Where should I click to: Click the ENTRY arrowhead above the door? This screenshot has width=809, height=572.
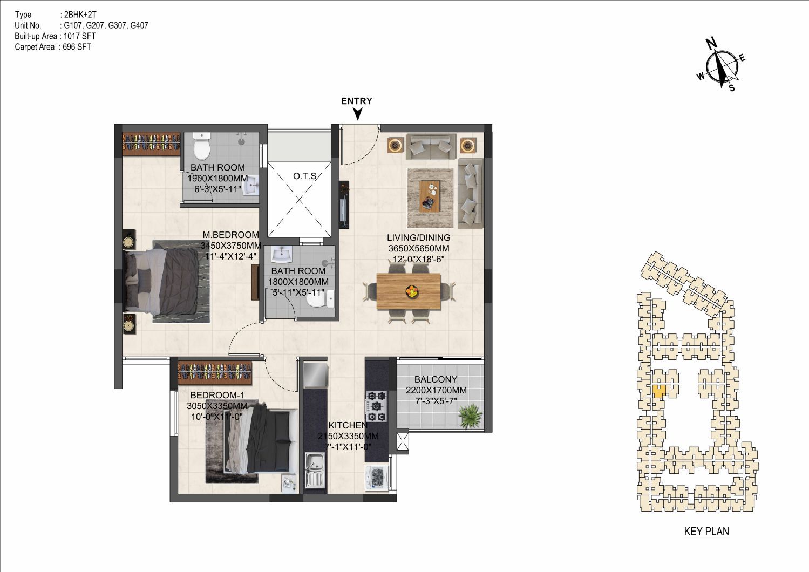(x=358, y=114)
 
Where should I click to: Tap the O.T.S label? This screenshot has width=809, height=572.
(x=305, y=176)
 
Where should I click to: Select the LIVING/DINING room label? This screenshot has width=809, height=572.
(x=419, y=237)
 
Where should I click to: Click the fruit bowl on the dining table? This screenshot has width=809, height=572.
(x=412, y=291)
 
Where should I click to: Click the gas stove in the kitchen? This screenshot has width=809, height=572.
(x=377, y=406)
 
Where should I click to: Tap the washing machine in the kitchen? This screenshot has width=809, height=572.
(x=377, y=478)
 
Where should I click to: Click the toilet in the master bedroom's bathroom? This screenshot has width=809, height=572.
(x=201, y=146)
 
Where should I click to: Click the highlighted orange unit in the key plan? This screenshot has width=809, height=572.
(x=659, y=391)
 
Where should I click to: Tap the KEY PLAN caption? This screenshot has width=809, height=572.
(x=706, y=532)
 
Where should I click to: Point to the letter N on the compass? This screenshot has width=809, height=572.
(x=711, y=44)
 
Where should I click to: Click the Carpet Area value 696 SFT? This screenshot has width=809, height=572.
(x=77, y=47)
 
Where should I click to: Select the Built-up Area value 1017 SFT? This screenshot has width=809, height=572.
(x=80, y=36)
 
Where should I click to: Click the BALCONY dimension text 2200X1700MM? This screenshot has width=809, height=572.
(x=436, y=390)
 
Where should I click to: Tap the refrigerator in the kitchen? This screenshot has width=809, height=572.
(x=316, y=374)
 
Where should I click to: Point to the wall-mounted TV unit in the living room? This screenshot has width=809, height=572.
(x=344, y=205)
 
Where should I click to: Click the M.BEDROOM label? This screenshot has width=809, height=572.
(x=231, y=235)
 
